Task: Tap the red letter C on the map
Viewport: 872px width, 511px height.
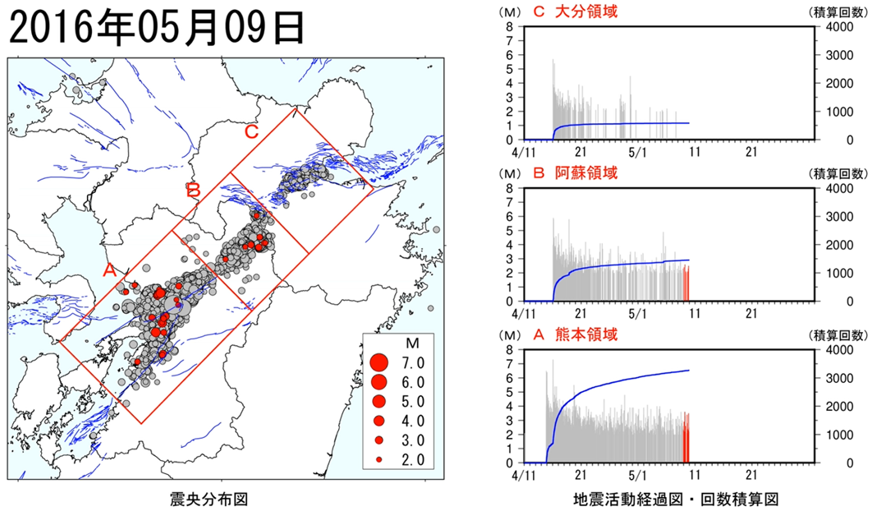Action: pos(251,132)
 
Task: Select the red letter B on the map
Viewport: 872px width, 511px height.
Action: pos(194,191)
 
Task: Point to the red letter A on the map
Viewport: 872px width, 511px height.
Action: pos(109,270)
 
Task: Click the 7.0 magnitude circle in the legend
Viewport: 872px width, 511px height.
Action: pos(379,363)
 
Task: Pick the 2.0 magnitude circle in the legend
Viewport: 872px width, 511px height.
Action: pos(379,460)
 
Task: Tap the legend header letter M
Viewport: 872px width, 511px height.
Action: pos(412,343)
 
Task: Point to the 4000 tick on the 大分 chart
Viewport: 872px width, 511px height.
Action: pos(838,27)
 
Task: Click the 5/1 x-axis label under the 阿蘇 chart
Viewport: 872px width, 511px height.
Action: pos(638,314)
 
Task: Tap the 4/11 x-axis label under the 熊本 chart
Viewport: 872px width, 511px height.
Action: pos(524,476)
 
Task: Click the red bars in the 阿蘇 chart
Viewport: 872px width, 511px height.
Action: pos(686,283)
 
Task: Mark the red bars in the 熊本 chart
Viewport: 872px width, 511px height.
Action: pos(686,438)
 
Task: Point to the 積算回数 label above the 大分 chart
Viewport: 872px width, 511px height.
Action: pos(838,12)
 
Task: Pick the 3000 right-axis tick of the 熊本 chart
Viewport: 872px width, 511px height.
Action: pos(838,378)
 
